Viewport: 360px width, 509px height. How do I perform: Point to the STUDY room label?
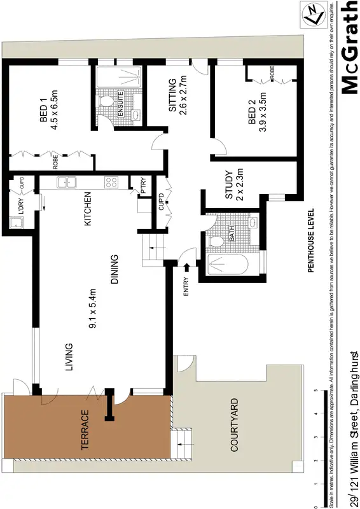[230, 184]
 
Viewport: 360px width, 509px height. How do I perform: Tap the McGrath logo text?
[349, 48]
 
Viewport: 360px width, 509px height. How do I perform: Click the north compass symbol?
[312, 14]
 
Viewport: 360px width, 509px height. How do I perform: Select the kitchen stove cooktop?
[111, 183]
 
